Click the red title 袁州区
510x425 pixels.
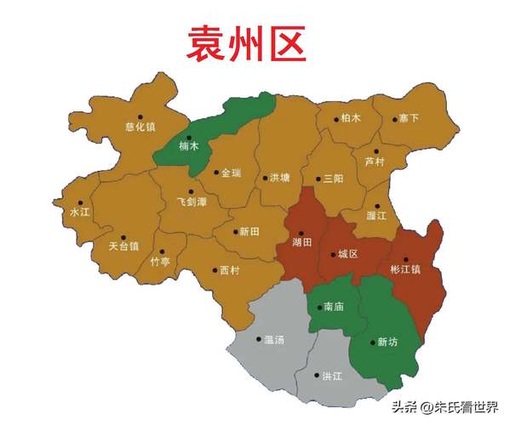click(x=247, y=43)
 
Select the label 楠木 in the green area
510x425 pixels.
click(x=189, y=145)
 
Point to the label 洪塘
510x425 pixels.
click(x=279, y=178)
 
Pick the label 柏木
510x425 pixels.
click(x=350, y=118)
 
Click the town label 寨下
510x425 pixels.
click(x=410, y=118)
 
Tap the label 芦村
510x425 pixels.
click(x=375, y=161)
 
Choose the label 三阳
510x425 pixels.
click(x=333, y=178)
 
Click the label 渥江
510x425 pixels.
click(x=377, y=216)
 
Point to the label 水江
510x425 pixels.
click(x=80, y=212)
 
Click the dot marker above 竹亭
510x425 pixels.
click(x=161, y=252)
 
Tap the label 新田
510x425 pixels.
click(x=249, y=231)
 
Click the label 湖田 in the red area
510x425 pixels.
click(x=301, y=242)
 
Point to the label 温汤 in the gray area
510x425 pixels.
click(x=273, y=340)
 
